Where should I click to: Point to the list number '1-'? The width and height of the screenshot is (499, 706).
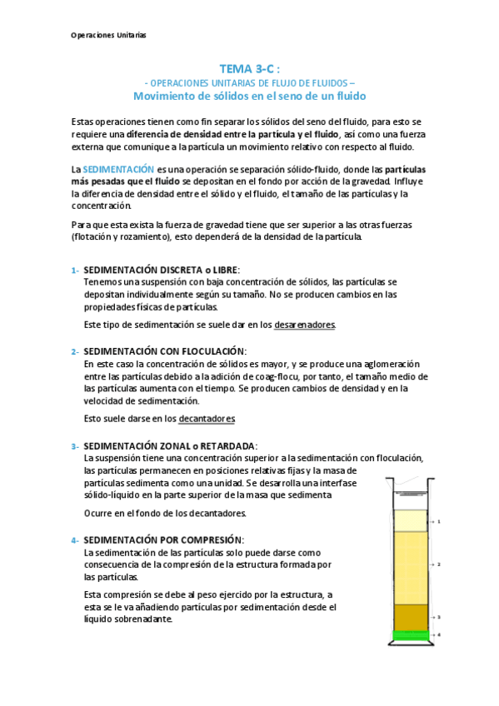pyautogui.click(x=75, y=270)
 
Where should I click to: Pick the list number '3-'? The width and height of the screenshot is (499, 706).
pyautogui.click(x=75, y=445)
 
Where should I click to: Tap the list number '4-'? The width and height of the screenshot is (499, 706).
pyautogui.click(x=75, y=539)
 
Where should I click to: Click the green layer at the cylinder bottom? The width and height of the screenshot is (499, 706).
pyautogui.click(x=410, y=636)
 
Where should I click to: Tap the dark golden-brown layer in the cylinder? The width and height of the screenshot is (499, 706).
pyautogui.click(x=410, y=617)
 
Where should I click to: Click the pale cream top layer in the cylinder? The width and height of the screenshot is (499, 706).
pyautogui.click(x=410, y=520)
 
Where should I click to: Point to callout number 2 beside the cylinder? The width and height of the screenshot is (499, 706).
pyautogui.click(x=438, y=564)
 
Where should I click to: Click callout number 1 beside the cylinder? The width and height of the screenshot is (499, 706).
pyautogui.click(x=438, y=522)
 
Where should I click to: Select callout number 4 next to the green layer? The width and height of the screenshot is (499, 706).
pyautogui.click(x=438, y=635)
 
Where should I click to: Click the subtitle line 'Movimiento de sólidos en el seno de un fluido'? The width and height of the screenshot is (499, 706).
pyautogui.click(x=249, y=95)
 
